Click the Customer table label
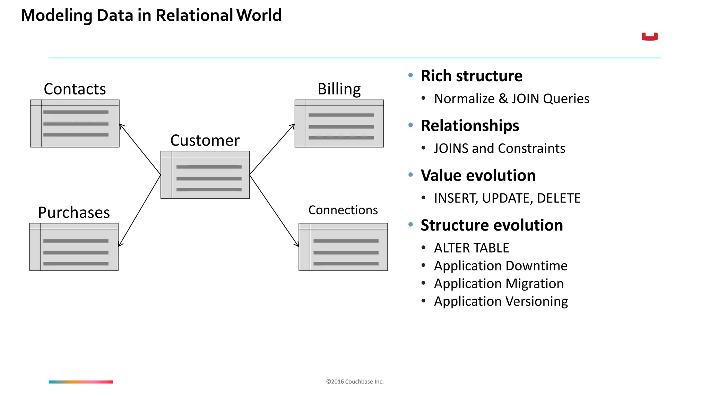(205, 141)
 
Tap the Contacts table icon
(75, 124)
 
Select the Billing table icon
(339, 124)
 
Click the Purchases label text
(74, 212)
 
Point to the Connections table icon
(343, 247)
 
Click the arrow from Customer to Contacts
(140, 149)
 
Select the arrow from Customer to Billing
(272, 149)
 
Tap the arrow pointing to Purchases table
(139, 211)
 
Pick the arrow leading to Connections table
(274, 211)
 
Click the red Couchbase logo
(650, 36)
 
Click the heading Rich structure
(471, 76)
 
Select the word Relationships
(470, 126)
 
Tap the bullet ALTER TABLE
(471, 248)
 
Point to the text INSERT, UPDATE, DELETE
(507, 198)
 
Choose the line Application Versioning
(501, 301)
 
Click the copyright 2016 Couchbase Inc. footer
(355, 382)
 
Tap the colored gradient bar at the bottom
(81, 382)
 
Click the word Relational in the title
(194, 16)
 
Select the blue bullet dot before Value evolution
(411, 175)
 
